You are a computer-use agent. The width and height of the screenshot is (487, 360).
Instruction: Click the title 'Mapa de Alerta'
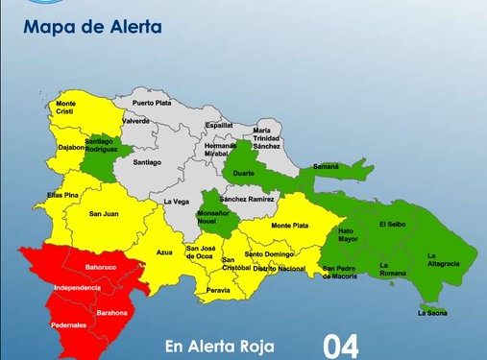click(93, 27)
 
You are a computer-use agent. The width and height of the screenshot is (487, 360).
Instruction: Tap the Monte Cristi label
click(66, 108)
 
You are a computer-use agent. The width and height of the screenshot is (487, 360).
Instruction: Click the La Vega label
click(176, 202)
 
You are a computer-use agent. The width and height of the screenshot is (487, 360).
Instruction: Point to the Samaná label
click(326, 166)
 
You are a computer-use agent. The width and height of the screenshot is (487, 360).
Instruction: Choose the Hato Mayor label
click(348, 233)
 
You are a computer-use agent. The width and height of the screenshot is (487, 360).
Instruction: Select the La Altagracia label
click(443, 259)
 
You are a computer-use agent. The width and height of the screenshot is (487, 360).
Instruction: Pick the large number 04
click(341, 346)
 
